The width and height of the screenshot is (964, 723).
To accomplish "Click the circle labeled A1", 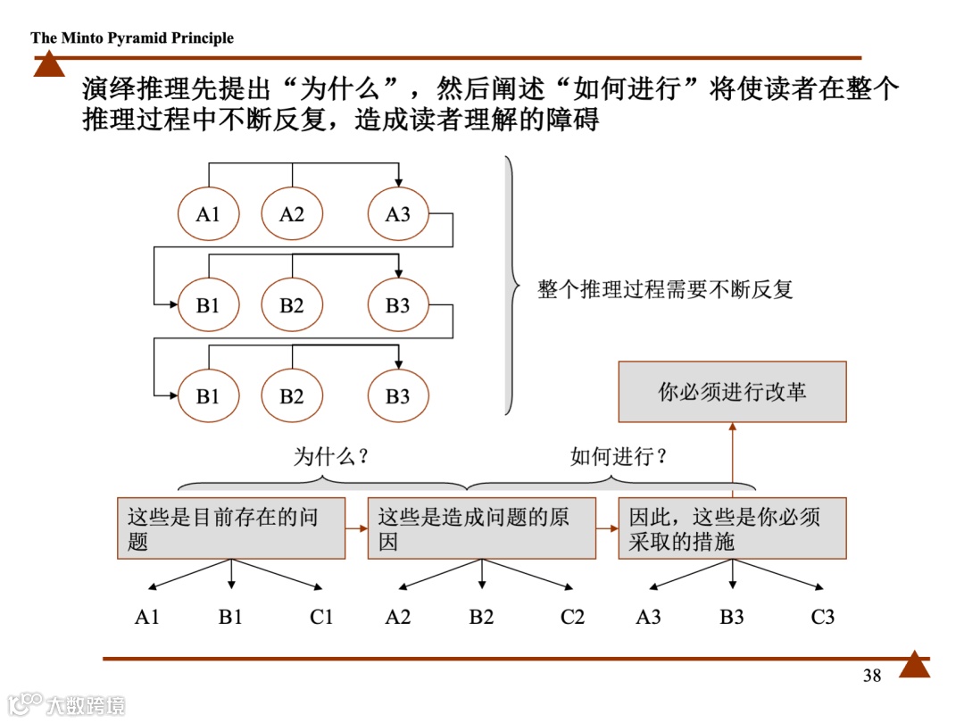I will tap(208, 214).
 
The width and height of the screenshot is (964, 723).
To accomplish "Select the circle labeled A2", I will tap(292, 214).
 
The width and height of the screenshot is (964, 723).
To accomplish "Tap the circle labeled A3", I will tap(398, 214).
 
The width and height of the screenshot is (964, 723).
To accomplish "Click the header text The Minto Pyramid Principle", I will tap(132, 37).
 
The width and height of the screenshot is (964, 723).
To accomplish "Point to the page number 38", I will tap(872, 676).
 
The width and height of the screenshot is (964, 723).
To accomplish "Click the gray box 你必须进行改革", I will tap(732, 392).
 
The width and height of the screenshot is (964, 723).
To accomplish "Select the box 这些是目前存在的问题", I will tap(231, 528).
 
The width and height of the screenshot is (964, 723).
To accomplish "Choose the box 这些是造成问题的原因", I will tap(481, 528).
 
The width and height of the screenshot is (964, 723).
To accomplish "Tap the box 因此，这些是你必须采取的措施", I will tap(732, 528).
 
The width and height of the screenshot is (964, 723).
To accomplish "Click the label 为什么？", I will tap(332, 456).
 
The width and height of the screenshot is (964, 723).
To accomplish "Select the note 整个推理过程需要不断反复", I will tap(665, 289).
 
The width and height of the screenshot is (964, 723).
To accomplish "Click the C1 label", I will tap(321, 617).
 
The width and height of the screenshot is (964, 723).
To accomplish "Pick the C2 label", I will tap(572, 617).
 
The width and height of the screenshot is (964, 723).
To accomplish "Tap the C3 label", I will tap(822, 617).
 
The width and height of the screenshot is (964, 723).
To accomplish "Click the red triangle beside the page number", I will tap(914, 666).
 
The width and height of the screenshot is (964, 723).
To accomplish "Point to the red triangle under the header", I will tap(49, 65).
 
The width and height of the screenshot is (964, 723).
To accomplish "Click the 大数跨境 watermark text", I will tap(86, 704).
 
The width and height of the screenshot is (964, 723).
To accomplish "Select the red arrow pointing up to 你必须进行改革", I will tap(732, 460).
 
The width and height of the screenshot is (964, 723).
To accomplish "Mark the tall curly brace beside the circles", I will tap(510, 286).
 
